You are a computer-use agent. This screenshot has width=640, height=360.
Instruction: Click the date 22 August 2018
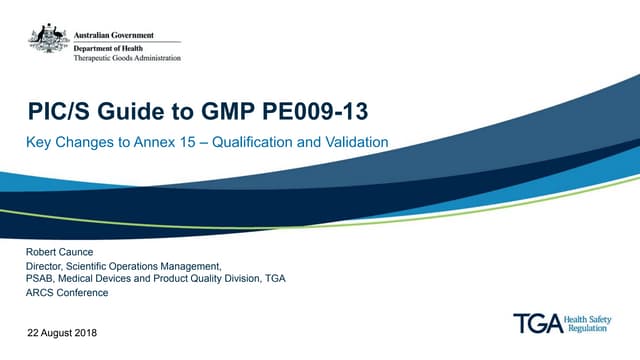click(x=62, y=330)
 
